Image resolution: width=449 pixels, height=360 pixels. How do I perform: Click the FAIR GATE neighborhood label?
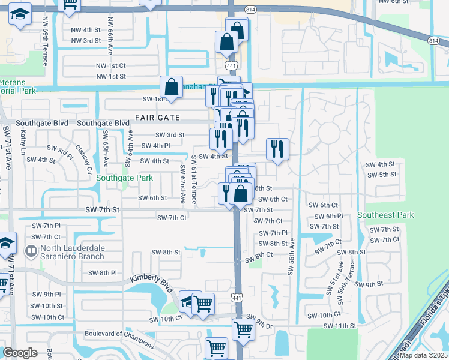158,117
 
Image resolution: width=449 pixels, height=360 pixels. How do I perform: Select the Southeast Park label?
385,215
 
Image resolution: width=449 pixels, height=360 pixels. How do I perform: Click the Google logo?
20,353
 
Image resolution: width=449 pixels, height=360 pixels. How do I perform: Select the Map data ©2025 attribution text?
423,355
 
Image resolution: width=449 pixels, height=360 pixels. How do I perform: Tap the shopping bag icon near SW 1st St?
172,86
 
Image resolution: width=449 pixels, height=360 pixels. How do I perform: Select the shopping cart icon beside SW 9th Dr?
243,328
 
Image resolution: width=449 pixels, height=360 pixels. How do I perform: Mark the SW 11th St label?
340,325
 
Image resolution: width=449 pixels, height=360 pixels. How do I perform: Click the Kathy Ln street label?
23,143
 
